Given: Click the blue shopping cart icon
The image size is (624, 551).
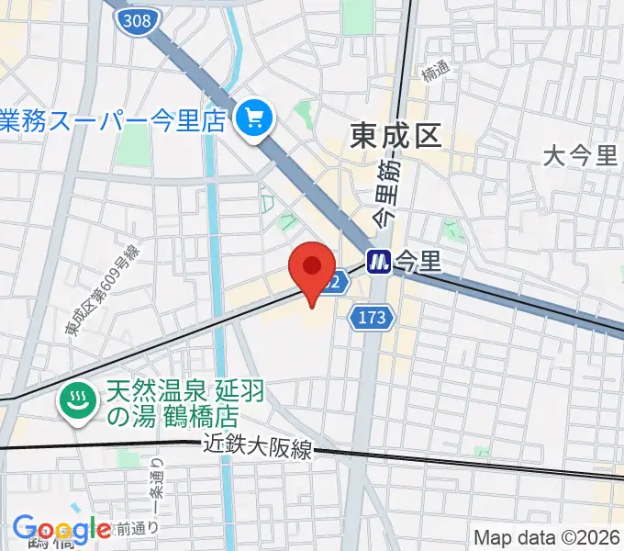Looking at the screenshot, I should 252,118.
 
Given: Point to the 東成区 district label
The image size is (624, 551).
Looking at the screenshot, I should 396,137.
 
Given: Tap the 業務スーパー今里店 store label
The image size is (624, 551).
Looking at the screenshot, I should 113,119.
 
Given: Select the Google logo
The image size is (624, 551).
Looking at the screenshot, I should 61,529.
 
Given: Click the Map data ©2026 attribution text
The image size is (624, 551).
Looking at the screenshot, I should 547,537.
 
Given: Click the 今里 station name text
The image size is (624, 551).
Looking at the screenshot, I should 418,262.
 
